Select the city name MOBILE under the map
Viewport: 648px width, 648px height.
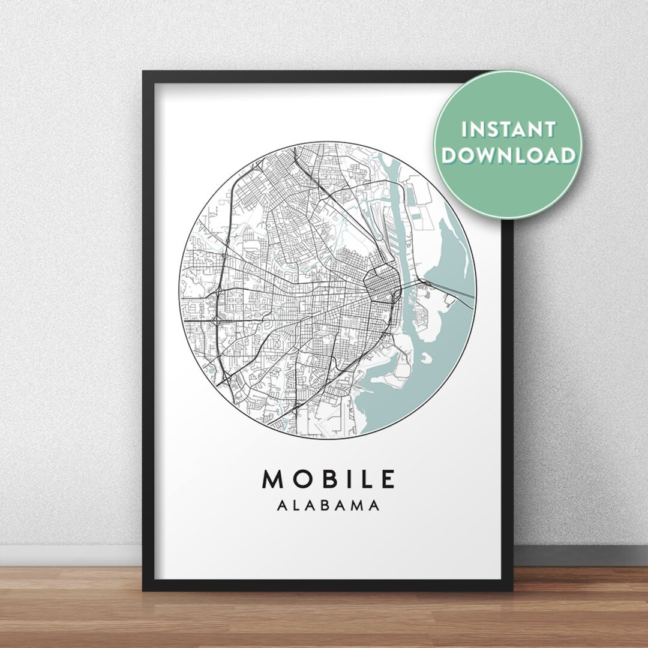tap(329, 479)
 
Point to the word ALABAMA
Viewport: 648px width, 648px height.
tap(329, 506)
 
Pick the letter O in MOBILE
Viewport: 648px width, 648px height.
tap(299, 479)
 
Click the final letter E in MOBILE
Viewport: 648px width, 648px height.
tap(387, 479)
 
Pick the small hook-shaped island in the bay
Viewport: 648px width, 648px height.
tap(427, 358)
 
